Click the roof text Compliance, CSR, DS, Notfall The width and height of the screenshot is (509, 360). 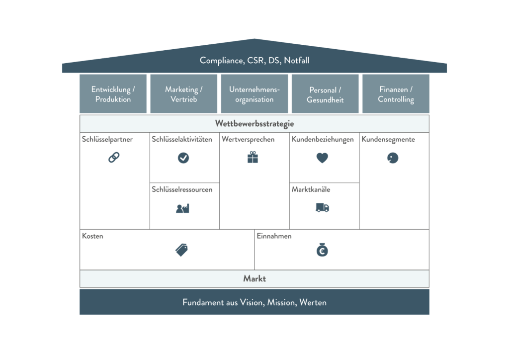[x=254, y=60]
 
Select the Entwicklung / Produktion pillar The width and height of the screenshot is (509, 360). [x=113, y=94]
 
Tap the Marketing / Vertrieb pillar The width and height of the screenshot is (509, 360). [x=183, y=94]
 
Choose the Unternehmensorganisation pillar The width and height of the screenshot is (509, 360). [x=254, y=94]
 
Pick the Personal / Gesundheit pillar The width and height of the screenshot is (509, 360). [x=325, y=94]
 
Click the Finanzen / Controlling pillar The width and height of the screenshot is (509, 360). [x=396, y=94]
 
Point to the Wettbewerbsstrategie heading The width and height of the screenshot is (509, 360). [x=254, y=123]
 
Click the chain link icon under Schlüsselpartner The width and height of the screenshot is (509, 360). [x=114, y=158]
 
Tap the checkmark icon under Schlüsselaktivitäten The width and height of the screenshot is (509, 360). [x=183, y=158]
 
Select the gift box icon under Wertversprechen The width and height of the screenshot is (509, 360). [x=253, y=158]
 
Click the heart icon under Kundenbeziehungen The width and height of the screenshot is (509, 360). [x=322, y=158]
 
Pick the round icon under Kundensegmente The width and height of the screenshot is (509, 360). [x=393, y=158]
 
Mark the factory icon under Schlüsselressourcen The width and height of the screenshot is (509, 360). [x=182, y=208]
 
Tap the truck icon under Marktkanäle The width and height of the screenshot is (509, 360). [x=322, y=208]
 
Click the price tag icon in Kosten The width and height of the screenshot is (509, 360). [x=182, y=250]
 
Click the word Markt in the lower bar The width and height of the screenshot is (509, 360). [x=254, y=278]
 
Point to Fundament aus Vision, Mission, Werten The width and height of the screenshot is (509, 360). [x=254, y=302]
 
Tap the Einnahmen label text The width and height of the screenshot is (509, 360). [x=274, y=236]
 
